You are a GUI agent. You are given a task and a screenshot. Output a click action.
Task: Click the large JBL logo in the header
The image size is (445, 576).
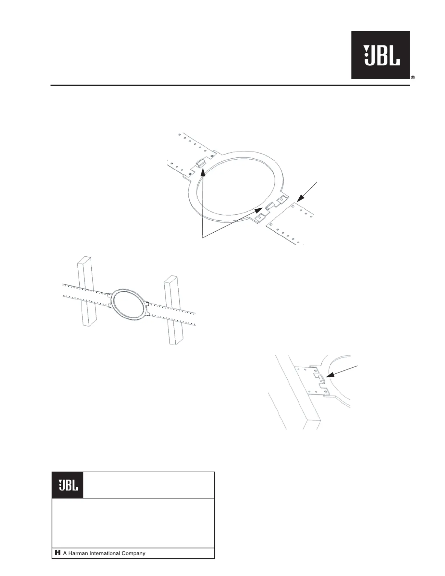pos(380,55)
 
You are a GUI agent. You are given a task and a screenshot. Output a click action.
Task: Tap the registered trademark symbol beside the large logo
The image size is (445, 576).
pos(413,78)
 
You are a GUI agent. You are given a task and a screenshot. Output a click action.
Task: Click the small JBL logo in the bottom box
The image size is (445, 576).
pos(68,485)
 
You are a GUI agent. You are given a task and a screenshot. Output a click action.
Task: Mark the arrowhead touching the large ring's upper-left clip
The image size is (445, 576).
pos(203,172)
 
